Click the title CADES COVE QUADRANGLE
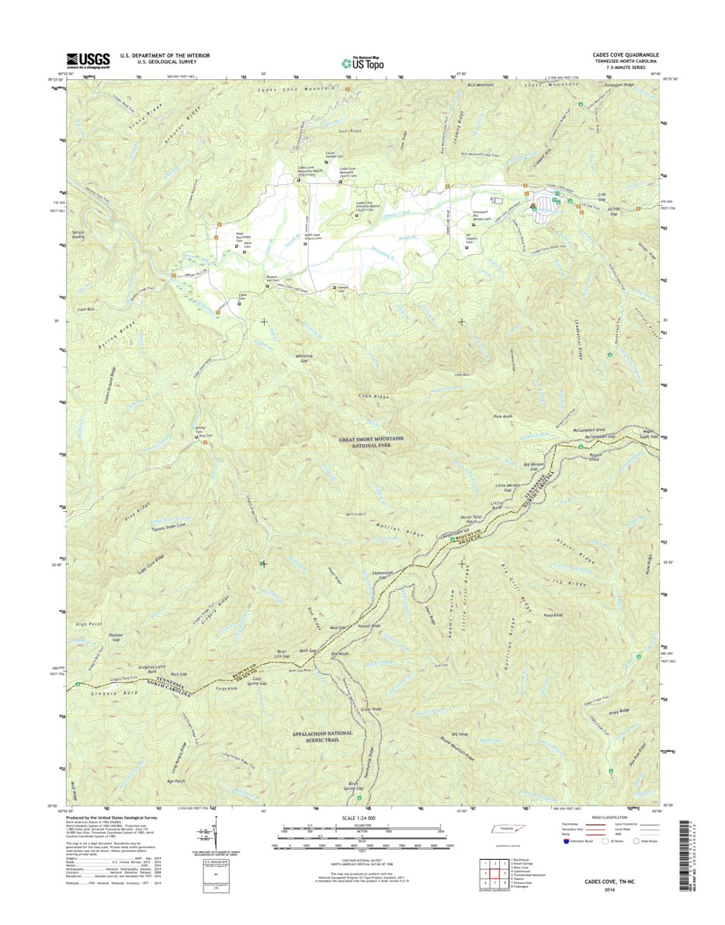[621, 56]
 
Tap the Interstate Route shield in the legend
[566, 840]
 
